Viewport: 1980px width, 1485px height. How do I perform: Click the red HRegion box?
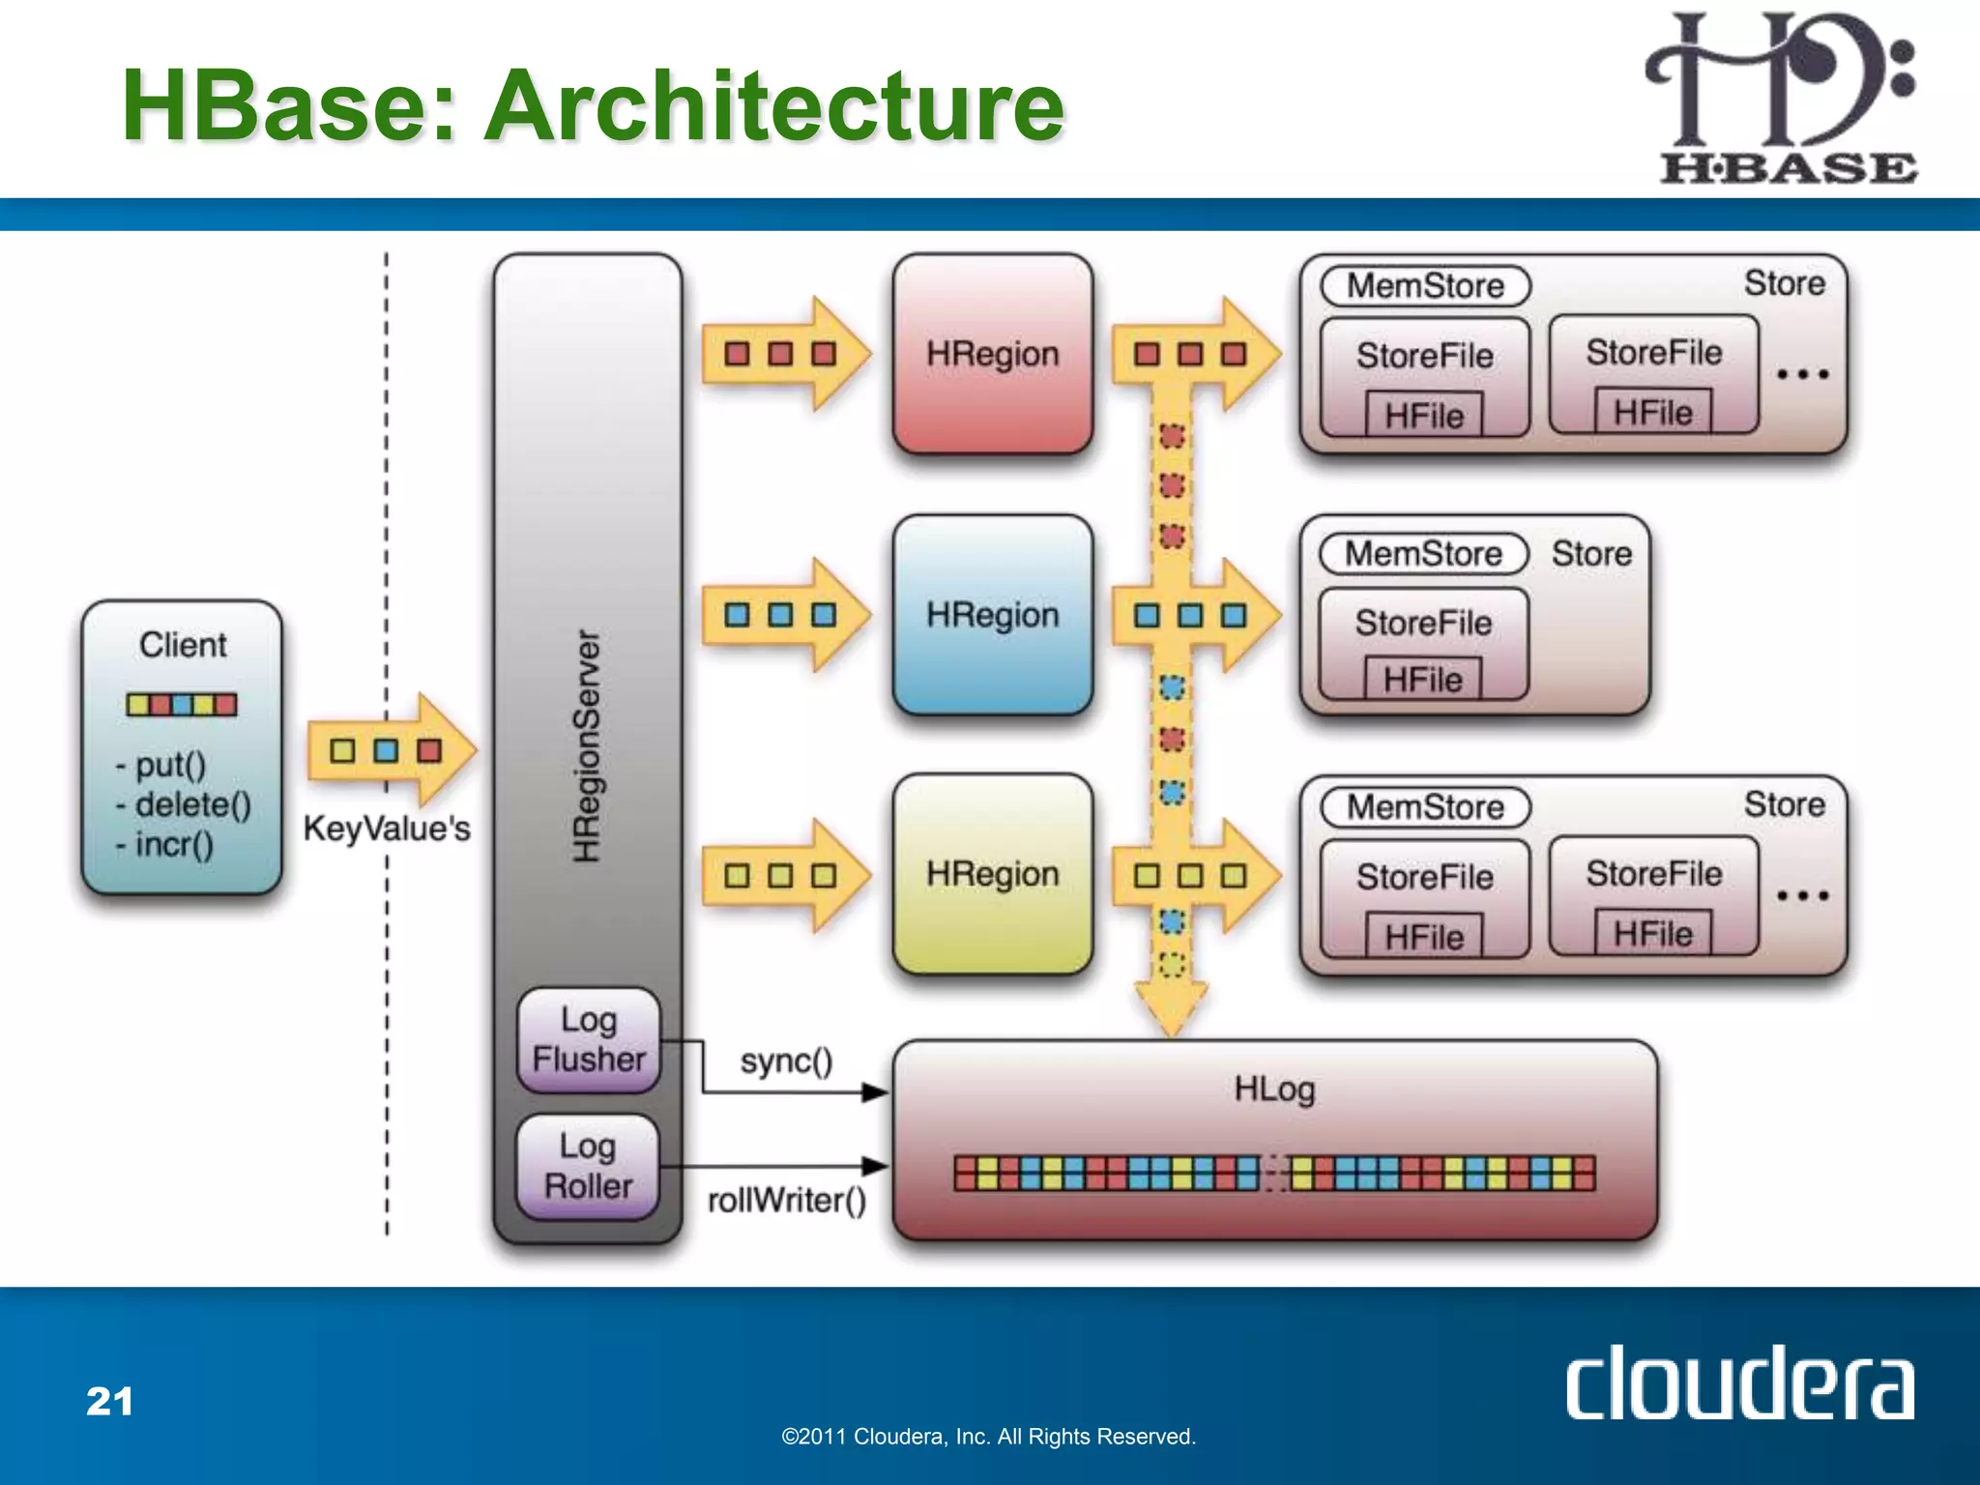coord(993,354)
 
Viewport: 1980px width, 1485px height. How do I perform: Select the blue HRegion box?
coord(993,615)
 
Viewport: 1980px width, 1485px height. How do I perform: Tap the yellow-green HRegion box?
coord(993,874)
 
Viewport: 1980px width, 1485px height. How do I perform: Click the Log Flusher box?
coord(588,1039)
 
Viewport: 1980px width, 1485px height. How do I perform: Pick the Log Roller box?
coord(588,1166)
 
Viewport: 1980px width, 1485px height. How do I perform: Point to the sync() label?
coord(786,1062)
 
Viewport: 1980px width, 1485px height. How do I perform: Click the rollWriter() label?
coord(786,1200)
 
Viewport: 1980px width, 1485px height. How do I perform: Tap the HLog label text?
coord(1274,1090)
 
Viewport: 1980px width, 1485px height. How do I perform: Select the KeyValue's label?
coord(387,829)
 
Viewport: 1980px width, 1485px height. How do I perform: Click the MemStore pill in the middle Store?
coord(1423,554)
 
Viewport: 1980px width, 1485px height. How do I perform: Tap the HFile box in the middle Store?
coord(1422,679)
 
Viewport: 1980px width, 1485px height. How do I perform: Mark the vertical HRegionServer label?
coord(587,744)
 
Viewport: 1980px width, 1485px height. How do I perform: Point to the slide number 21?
coord(109,1401)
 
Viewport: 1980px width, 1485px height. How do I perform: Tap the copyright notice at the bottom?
coord(988,1437)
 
